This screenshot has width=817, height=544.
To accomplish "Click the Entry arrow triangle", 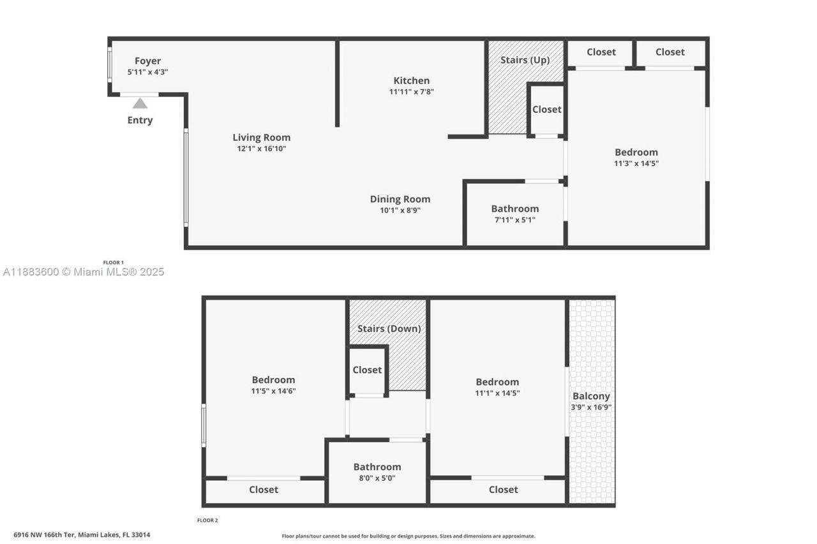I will [x=140, y=103].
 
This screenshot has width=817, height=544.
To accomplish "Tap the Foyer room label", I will [x=147, y=61].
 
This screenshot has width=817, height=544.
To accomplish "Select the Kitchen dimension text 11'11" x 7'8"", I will [x=412, y=91].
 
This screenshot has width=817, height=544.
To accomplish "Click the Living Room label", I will [x=261, y=137].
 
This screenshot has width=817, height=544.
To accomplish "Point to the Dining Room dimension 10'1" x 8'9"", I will [x=400, y=209].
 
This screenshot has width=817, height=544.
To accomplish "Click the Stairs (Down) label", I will [x=389, y=328].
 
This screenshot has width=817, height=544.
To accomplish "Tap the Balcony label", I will [x=591, y=396].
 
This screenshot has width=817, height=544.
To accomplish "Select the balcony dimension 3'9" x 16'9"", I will [x=591, y=407].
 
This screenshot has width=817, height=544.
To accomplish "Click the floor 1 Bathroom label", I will [x=514, y=209].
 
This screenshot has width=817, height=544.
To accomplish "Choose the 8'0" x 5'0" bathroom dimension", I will [x=377, y=478].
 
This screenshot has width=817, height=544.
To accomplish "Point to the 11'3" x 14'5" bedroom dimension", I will [x=636, y=163].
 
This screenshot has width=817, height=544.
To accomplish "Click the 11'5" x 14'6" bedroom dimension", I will [x=273, y=391].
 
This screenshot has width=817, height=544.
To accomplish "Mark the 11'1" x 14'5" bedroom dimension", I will [x=497, y=393].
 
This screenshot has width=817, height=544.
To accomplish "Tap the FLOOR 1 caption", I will [x=114, y=262].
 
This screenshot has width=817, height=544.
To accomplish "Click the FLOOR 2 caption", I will [x=207, y=520].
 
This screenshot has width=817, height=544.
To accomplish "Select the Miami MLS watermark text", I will [x=83, y=272].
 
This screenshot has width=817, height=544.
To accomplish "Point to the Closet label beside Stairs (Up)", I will [x=546, y=109].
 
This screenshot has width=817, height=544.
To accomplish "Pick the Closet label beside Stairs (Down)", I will [x=367, y=370].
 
